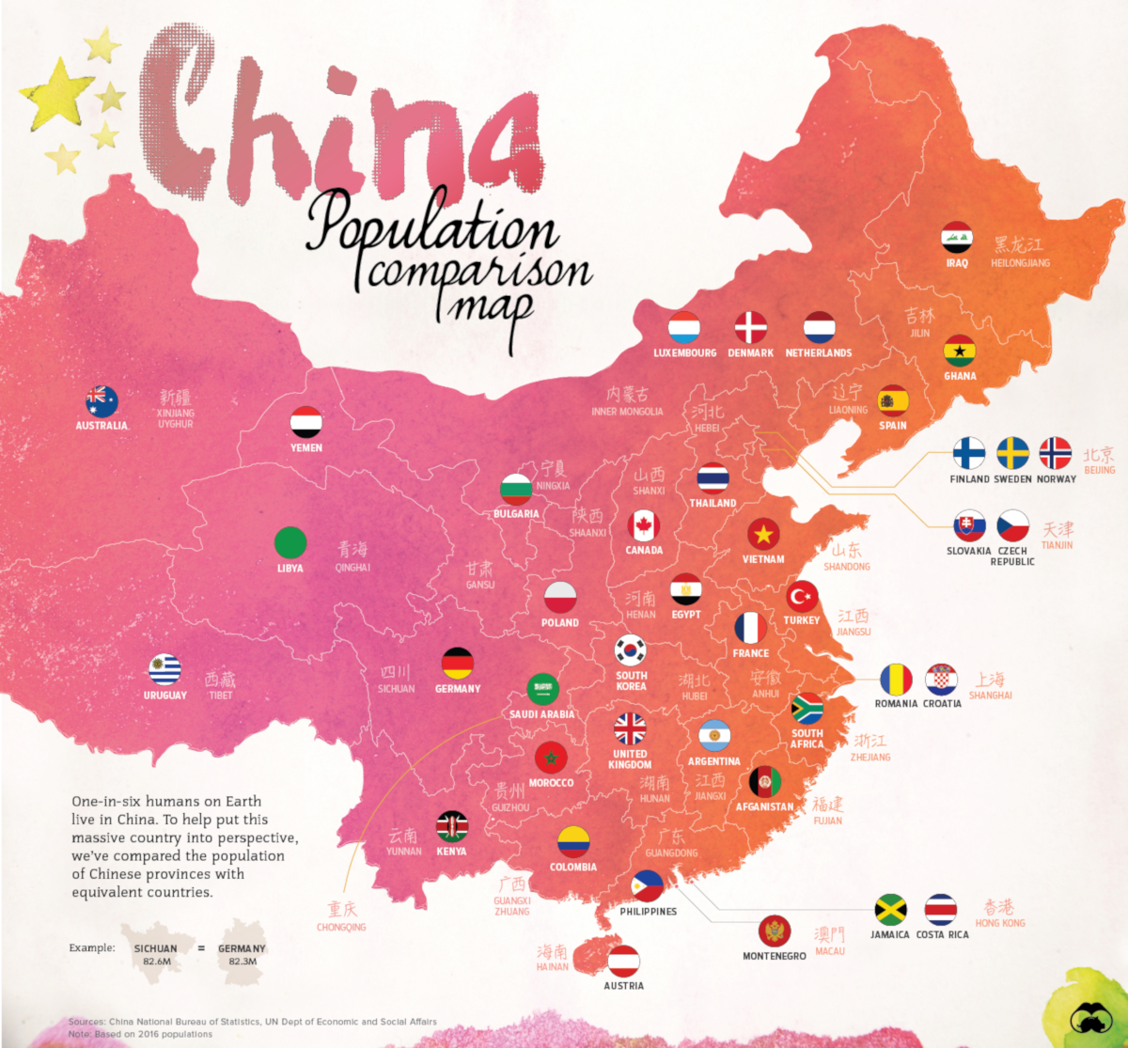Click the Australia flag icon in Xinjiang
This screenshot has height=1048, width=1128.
[x=102, y=401]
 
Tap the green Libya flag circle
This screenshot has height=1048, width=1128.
[x=290, y=542]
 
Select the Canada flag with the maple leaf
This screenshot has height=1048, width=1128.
[x=644, y=526]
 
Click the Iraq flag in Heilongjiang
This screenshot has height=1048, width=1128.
[x=957, y=238]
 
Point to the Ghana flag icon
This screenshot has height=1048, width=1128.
[x=960, y=352]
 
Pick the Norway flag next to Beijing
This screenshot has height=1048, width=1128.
[x=1056, y=453]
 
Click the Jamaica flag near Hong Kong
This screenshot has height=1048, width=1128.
[x=890, y=910]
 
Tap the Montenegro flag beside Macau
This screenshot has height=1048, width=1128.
[x=775, y=931]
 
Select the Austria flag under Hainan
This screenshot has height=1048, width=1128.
[x=623, y=962]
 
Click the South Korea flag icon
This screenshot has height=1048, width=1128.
[x=631, y=649]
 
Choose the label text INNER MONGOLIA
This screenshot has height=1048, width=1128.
[x=627, y=412]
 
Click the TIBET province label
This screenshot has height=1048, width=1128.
[x=221, y=696]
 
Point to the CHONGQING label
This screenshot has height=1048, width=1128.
[x=341, y=927]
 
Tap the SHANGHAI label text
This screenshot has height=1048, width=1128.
[x=990, y=696]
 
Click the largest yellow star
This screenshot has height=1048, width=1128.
[x=56, y=94]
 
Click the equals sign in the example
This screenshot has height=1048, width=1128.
[x=200, y=949]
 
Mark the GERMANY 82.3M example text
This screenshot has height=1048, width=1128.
[x=242, y=955]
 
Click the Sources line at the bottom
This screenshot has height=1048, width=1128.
[x=252, y=1022]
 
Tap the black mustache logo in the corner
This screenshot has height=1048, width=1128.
[x=1091, y=1019]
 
